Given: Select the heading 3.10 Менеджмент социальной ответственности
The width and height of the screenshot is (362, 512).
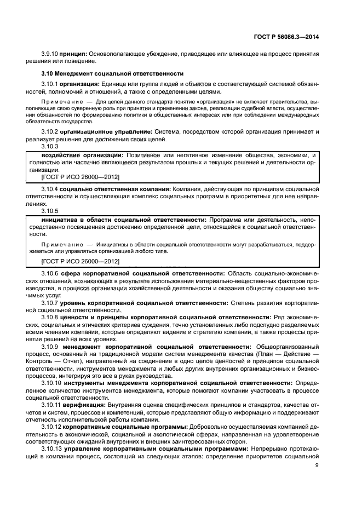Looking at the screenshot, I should pyautogui.click(x=112, y=73).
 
